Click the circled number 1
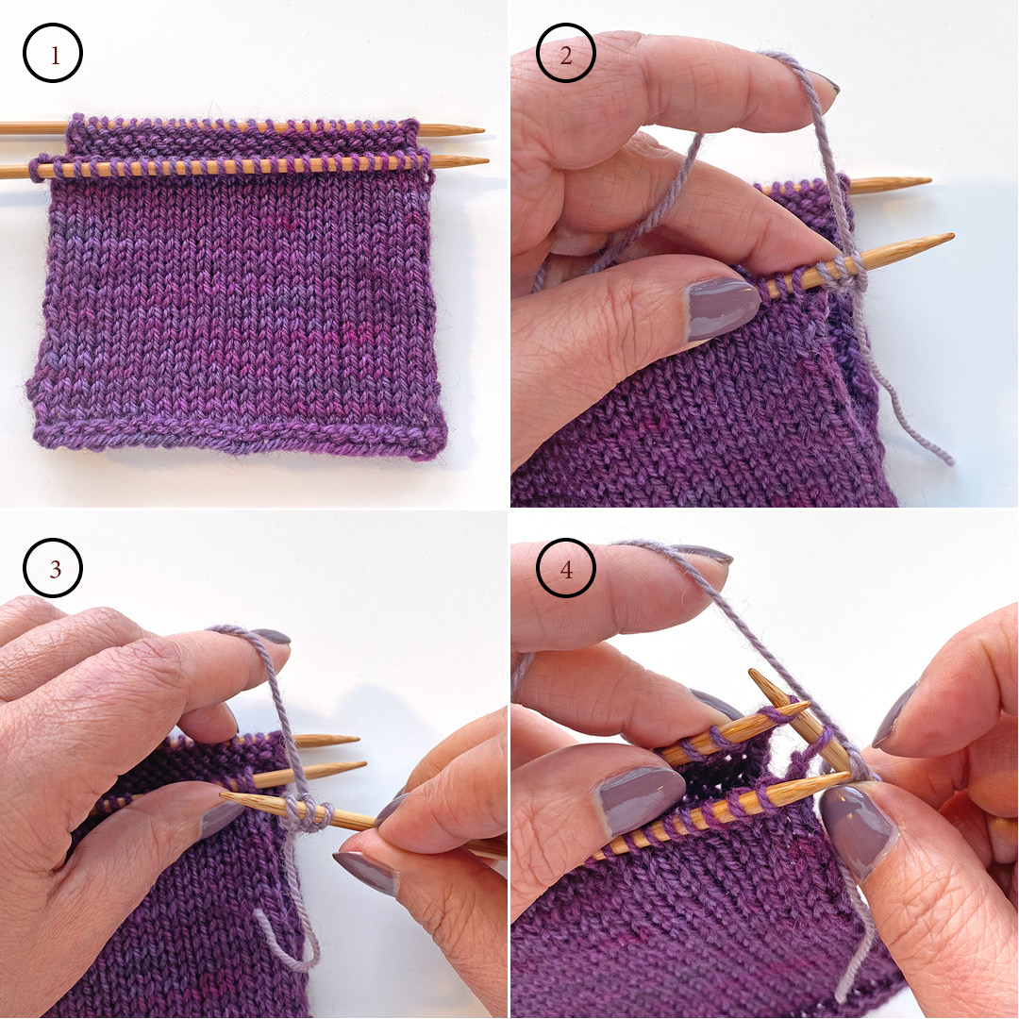tap(53, 55)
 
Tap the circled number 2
tap(565, 55)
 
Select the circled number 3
tap(53, 568)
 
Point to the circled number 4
tap(565, 568)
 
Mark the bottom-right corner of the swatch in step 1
tap(440, 451)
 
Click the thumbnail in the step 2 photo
tap(723, 309)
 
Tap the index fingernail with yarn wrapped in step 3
tap(272, 637)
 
